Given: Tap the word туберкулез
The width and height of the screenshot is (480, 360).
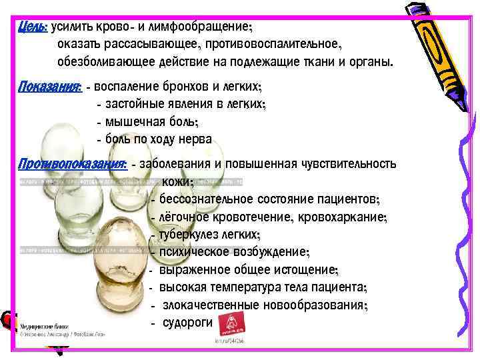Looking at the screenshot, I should coord(189,235).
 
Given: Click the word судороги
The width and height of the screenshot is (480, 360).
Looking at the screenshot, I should coord(187,322).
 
